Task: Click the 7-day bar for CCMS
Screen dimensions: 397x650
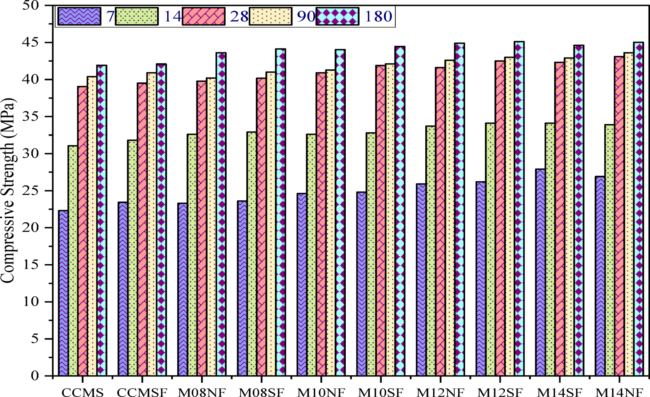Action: pos(63,293)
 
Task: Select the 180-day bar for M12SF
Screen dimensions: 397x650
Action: pos(519,209)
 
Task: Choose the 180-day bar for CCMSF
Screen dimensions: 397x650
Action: pos(161,219)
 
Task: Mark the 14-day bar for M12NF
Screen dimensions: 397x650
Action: pos(431,251)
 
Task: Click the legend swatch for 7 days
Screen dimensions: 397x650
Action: pos(80,16)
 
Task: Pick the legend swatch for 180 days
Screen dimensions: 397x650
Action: pos(337,16)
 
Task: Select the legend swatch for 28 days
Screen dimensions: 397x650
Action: pos(204,16)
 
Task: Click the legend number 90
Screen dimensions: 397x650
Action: pos(306,16)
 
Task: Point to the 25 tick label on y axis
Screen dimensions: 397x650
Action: pos(31,191)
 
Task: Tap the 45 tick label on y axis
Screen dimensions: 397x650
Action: pos(31,42)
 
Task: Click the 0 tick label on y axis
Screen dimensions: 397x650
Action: pos(35,376)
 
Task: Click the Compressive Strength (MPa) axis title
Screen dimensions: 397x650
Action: pos(8,191)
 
